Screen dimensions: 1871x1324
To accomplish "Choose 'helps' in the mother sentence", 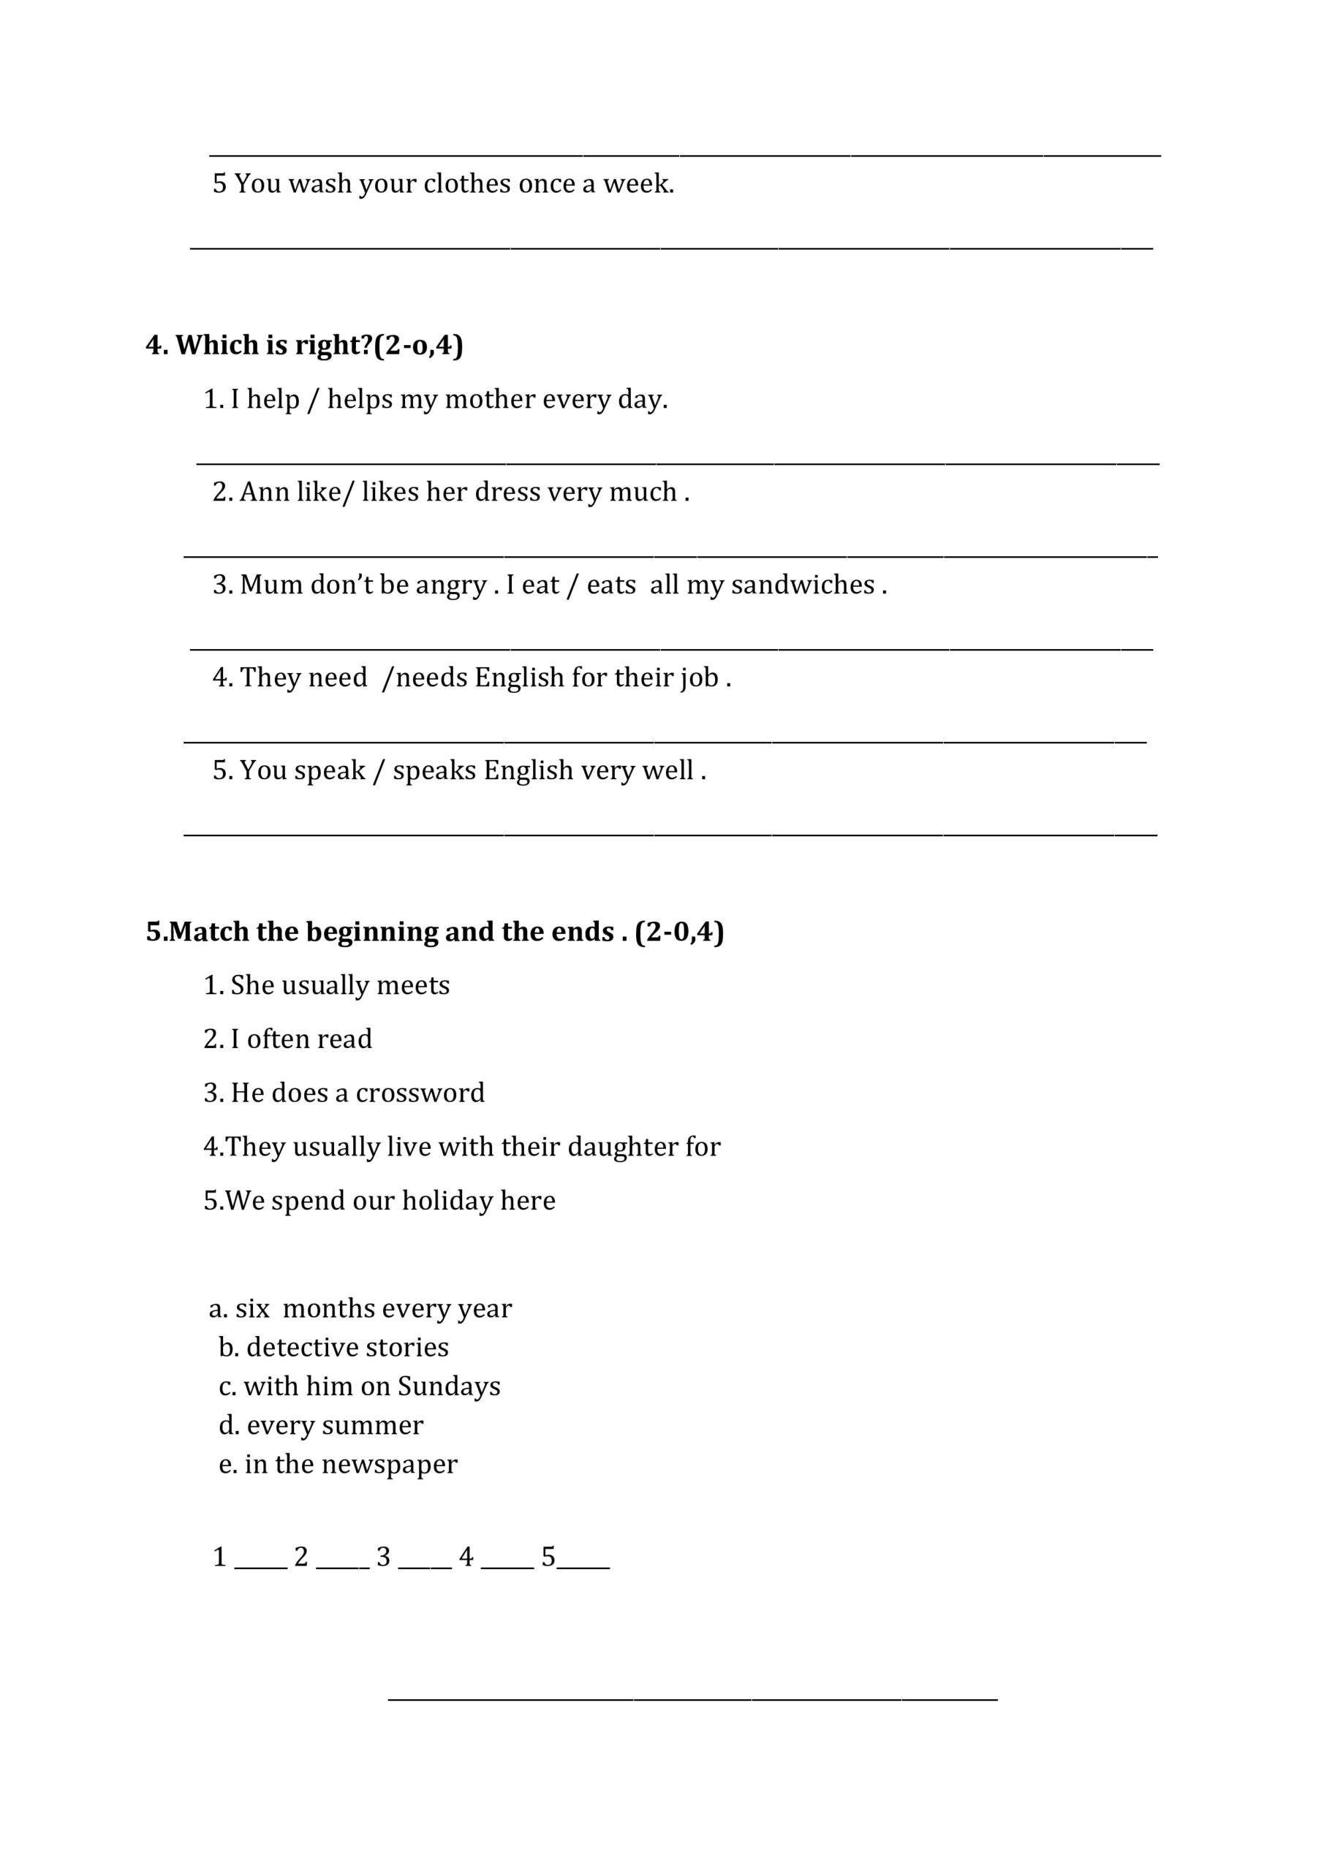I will click(360, 399).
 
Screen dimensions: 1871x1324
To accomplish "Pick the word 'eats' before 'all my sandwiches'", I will click(610, 585).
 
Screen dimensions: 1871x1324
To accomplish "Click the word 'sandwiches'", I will click(802, 585).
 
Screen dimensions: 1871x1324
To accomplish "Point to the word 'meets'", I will click(413, 985).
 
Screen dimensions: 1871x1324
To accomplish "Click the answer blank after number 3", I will click(425, 1559).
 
